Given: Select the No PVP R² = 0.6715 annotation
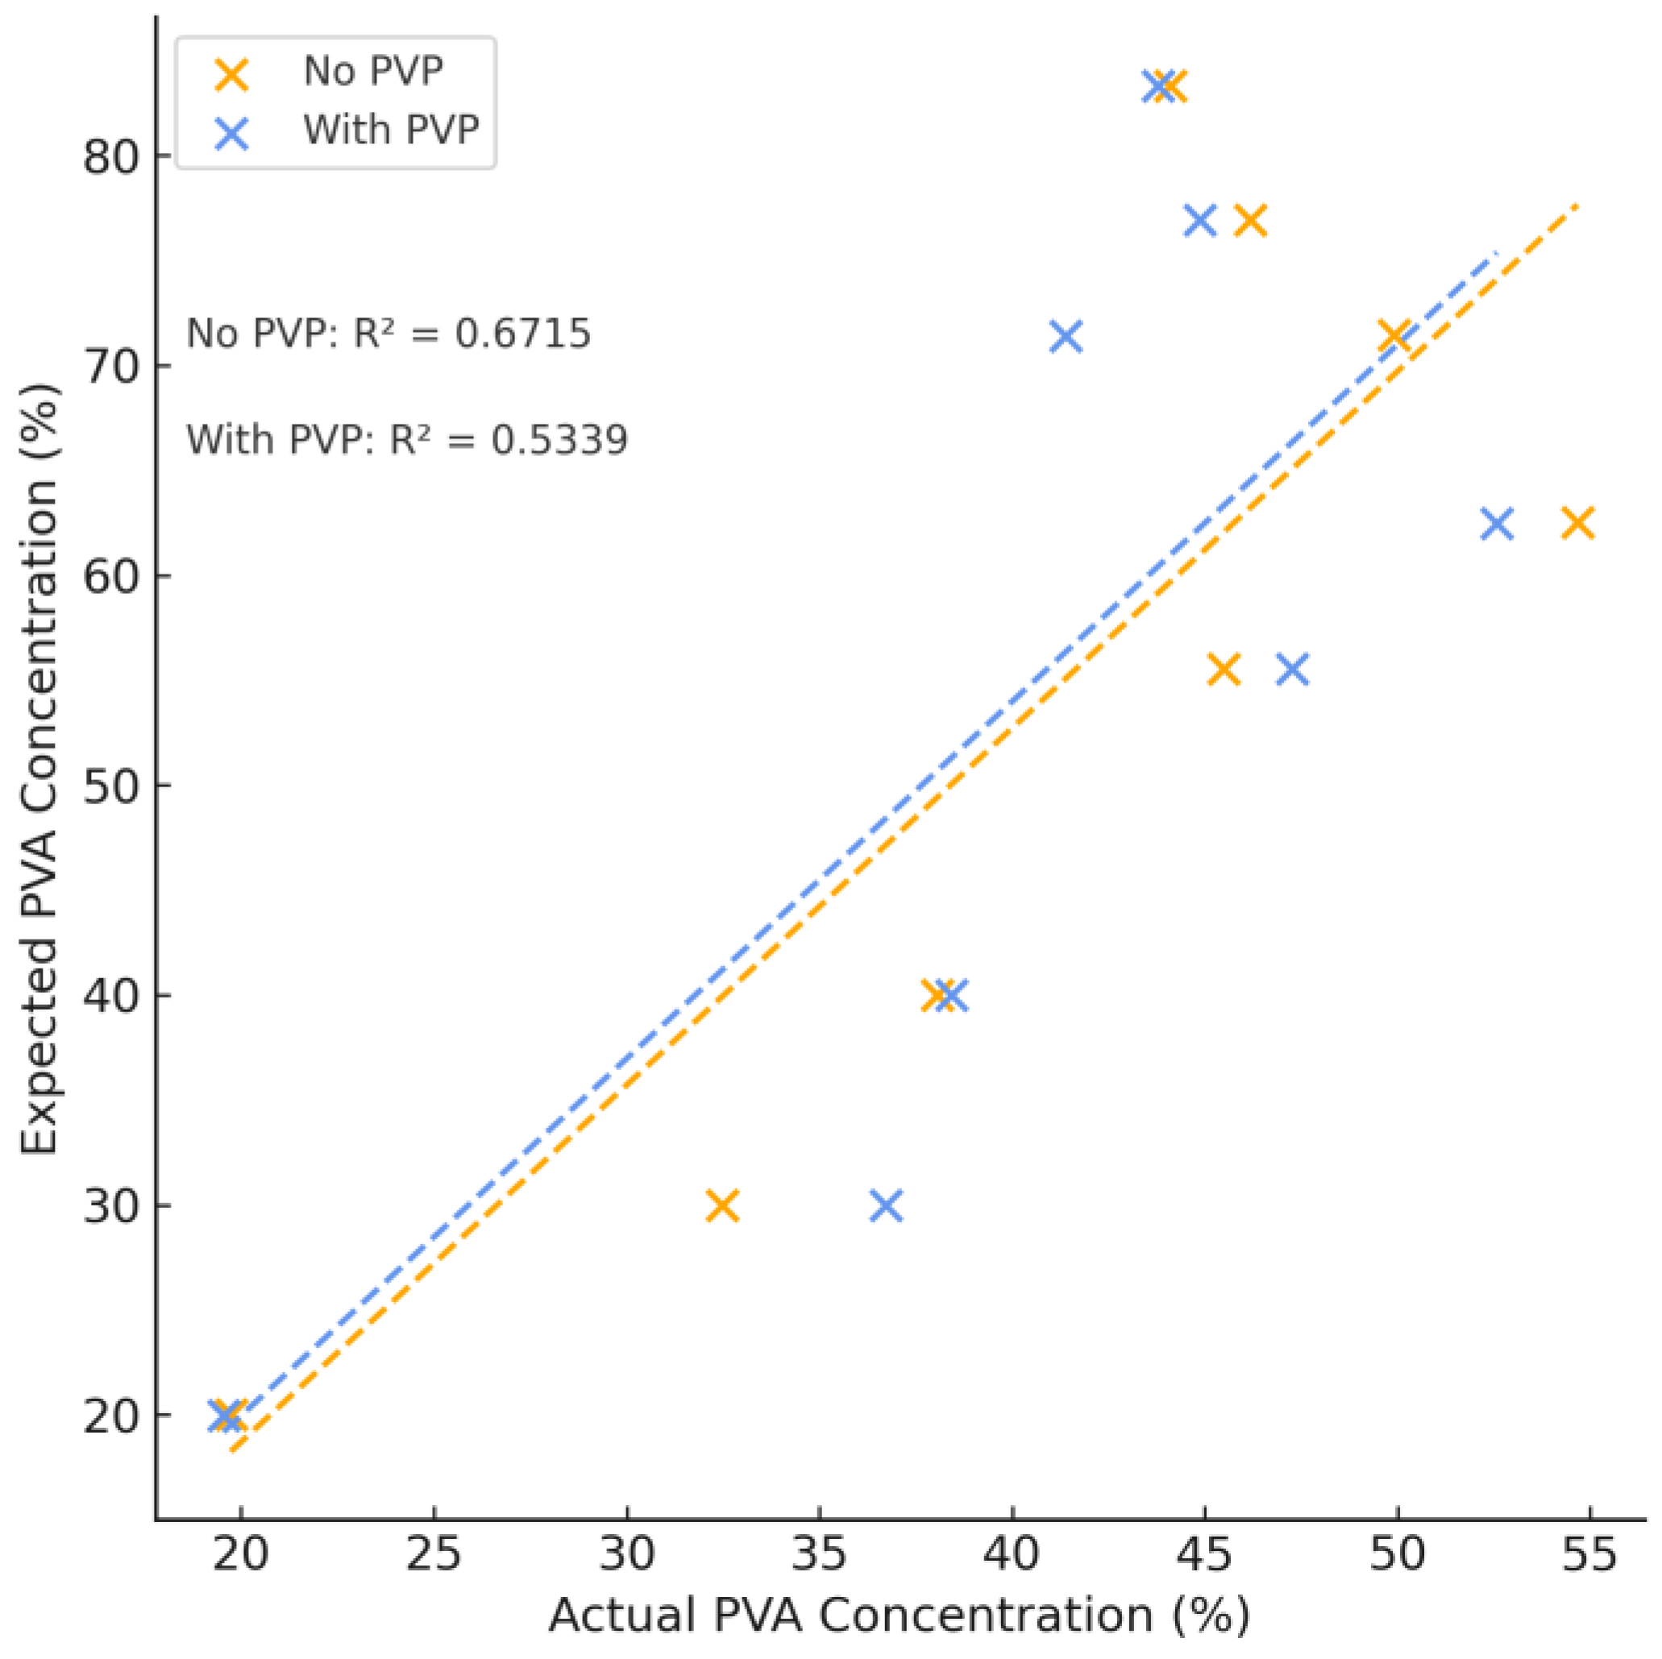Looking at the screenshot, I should (x=388, y=334).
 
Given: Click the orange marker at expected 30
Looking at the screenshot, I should (x=723, y=1205).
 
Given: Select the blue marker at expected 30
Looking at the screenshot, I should (x=886, y=1205).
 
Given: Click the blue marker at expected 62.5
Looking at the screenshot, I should (x=1498, y=523).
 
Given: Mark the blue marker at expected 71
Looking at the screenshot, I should (x=1066, y=337).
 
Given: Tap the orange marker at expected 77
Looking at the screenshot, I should (x=1251, y=220).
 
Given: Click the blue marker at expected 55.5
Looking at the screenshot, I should (x=1293, y=669).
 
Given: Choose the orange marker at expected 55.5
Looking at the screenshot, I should (x=1224, y=669).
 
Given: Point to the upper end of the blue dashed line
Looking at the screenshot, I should (x=1498, y=253).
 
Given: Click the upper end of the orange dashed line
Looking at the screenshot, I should (x=1577, y=205).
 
